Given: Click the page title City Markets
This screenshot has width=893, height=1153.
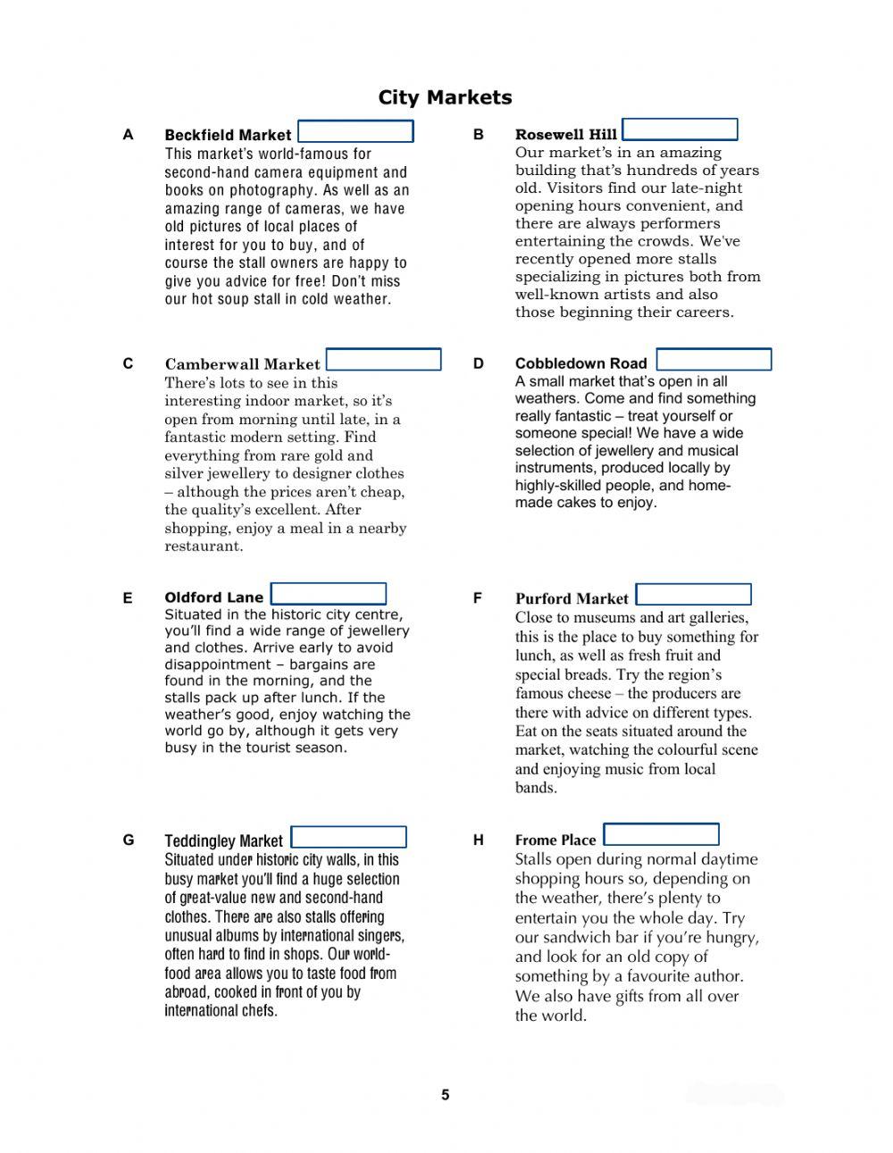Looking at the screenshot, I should [x=445, y=97].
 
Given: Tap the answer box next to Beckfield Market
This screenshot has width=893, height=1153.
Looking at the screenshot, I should [x=355, y=132].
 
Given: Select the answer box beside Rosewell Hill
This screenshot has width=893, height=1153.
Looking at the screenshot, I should [x=680, y=130].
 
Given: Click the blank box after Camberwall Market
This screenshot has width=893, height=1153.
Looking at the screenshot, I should [x=384, y=360].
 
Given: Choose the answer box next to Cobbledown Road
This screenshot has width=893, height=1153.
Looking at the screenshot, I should [x=714, y=360].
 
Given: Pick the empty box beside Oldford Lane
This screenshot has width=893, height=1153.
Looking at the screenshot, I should [x=329, y=595].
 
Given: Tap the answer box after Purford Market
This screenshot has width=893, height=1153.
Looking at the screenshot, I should [x=694, y=595].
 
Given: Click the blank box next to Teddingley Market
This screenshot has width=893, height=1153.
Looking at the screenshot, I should [x=349, y=838].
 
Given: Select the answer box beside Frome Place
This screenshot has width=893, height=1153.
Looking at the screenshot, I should [x=661, y=835].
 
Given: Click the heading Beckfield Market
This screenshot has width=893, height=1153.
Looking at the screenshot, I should [x=228, y=135].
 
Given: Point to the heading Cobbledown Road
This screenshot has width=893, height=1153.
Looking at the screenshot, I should [x=580, y=363].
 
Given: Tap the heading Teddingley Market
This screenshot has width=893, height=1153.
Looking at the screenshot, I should [x=223, y=841].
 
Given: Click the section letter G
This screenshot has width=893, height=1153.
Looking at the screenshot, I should [x=129, y=840].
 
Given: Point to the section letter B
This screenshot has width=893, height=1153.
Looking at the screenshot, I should [x=479, y=135].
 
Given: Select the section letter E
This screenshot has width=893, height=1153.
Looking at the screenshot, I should [x=128, y=598].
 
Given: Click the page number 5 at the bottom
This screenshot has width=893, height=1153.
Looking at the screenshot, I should [x=445, y=1095].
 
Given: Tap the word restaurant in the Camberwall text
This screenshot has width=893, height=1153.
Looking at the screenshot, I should [x=203, y=547].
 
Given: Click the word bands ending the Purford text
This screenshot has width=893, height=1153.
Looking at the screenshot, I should [x=536, y=788].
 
